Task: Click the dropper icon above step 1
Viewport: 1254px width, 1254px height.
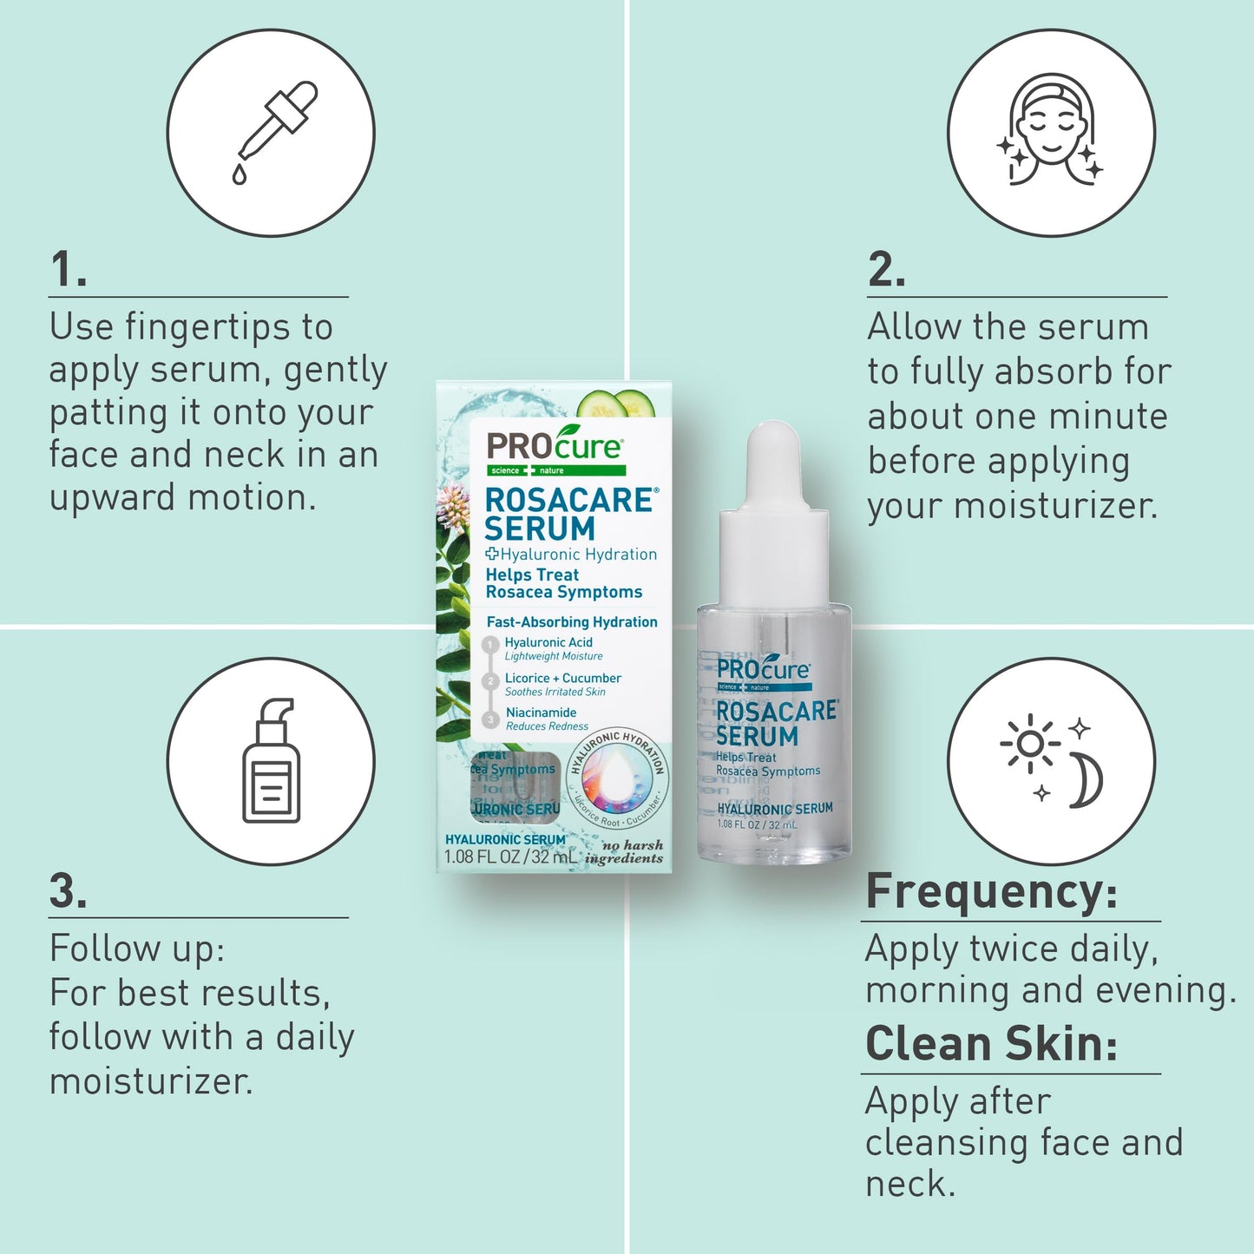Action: pyautogui.click(x=272, y=131)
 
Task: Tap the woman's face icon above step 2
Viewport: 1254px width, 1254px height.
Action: pyautogui.click(x=1050, y=130)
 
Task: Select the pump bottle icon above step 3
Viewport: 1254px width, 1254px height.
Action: pyautogui.click(x=272, y=761)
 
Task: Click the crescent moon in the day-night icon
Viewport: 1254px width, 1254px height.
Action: pyautogui.click(x=1085, y=780)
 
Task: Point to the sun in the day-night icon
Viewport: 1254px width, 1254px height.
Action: pyautogui.click(x=1030, y=743)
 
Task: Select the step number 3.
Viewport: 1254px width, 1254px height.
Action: pyautogui.click(x=68, y=891)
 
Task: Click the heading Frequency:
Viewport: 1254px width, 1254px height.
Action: pyautogui.click(x=992, y=891)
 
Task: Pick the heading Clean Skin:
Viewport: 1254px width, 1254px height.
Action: pyautogui.click(x=992, y=1043)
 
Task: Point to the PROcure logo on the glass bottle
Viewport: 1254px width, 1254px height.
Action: pyautogui.click(x=763, y=670)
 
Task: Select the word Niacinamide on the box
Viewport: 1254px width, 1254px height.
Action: pyautogui.click(x=542, y=712)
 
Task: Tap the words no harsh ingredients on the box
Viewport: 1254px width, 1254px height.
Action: pyautogui.click(x=627, y=852)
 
